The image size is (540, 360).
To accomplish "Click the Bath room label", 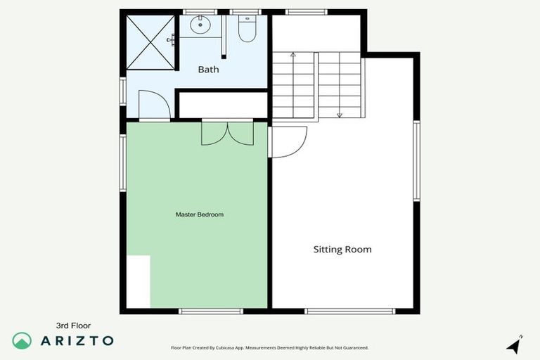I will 208,69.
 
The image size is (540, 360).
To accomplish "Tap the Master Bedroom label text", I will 200,214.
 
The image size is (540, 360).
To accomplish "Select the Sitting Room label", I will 342,250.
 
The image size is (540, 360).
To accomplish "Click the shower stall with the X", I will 150,41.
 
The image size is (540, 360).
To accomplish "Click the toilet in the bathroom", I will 247,29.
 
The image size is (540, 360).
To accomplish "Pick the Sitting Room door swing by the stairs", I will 289,141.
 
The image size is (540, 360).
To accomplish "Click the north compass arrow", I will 515,345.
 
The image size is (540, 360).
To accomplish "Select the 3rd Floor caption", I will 74,326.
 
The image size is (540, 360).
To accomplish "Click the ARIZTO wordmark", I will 77,340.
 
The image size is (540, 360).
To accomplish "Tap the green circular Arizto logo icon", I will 22,340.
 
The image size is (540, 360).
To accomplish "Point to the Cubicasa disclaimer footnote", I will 270,347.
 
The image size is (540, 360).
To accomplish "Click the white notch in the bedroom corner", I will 139,281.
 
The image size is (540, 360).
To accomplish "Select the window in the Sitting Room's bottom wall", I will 350,311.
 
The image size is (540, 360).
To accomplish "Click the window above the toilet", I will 245,12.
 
